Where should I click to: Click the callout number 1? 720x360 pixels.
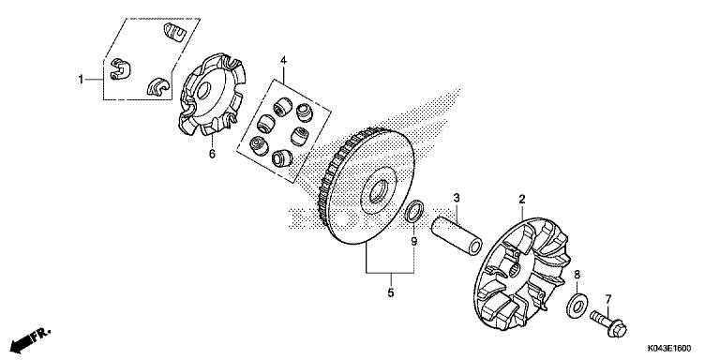tap(82, 78)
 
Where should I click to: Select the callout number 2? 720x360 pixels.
tap(522, 200)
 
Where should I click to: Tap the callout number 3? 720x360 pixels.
tap(456, 198)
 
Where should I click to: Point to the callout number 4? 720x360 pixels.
tap(282, 62)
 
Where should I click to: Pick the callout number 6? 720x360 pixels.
tap(212, 154)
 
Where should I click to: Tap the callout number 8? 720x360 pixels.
tap(577, 275)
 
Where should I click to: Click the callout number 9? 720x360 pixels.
tap(413, 241)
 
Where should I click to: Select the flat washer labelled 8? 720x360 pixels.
tap(578, 303)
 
